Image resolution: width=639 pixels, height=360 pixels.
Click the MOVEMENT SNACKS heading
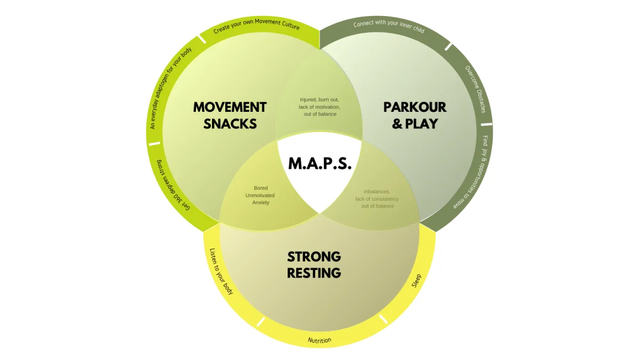230,115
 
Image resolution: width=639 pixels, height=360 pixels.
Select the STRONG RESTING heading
314,265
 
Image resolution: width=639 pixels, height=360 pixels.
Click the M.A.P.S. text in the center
320,163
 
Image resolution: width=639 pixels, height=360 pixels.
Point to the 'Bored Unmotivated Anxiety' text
260,195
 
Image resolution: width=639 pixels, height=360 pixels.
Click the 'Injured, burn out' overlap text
319,107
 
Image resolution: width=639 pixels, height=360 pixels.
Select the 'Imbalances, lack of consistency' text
377,199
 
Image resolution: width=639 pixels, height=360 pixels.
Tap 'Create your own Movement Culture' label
256,27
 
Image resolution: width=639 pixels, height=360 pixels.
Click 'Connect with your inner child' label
389,27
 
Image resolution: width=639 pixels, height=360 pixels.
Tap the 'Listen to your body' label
221,271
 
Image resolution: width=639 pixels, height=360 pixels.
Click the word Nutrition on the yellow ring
319,340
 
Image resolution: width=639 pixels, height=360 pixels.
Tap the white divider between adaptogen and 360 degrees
154,143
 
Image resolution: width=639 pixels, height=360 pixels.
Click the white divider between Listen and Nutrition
260,322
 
